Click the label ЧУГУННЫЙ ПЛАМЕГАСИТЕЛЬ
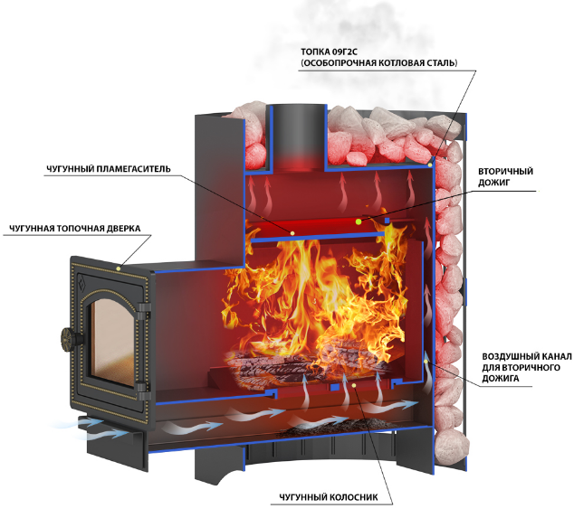[x=109, y=169]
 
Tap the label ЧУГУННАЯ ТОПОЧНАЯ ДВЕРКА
[x=74, y=229]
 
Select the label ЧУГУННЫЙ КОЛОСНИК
[x=329, y=497]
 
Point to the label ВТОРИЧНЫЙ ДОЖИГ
[x=505, y=177]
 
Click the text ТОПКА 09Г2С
[x=329, y=52]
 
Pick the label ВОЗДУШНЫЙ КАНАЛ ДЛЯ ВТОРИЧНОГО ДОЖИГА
[x=526, y=367]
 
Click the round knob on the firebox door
[x=69, y=337]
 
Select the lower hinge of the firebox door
[x=143, y=390]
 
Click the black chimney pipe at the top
[x=299, y=137]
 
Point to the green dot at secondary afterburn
[x=359, y=221]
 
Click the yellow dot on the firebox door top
[x=118, y=268]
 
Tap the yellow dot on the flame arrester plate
[x=292, y=233]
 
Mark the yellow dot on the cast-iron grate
[x=353, y=385]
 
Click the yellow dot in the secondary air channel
[x=426, y=362]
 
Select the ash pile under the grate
[x=330, y=428]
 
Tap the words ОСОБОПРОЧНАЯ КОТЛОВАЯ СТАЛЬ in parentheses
[x=378, y=63]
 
